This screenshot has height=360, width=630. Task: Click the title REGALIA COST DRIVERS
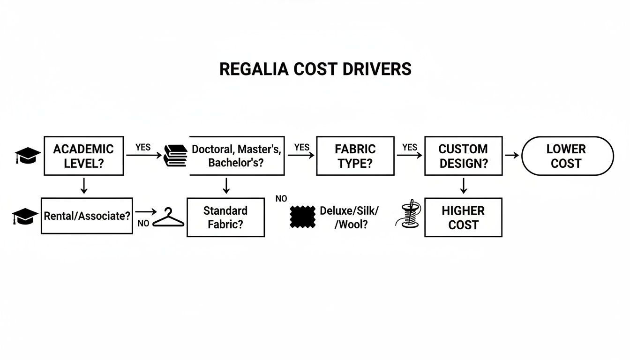click(315, 69)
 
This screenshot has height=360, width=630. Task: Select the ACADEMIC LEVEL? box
click(83, 156)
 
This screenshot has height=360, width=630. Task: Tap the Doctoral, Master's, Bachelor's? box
click(237, 156)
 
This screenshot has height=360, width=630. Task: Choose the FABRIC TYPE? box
click(355, 156)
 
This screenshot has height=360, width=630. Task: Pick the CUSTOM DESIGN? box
click(463, 156)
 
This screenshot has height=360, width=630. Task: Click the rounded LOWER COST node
click(567, 156)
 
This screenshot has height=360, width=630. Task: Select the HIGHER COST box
click(463, 217)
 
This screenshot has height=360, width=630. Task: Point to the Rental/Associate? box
click(87, 216)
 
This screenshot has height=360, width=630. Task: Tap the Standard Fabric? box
click(225, 217)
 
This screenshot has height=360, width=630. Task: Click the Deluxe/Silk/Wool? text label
click(349, 217)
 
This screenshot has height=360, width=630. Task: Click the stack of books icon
click(175, 156)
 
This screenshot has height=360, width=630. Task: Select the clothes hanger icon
click(168, 218)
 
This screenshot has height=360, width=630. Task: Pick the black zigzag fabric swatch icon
click(302, 217)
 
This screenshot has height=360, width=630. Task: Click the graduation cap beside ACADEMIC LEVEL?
click(28, 156)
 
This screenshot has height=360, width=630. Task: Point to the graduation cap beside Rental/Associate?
click(25, 217)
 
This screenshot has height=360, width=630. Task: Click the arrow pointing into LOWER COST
click(512, 155)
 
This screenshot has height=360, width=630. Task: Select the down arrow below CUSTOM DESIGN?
click(463, 186)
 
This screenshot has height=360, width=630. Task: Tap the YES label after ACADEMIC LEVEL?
click(143, 147)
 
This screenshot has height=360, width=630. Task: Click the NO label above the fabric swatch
click(281, 199)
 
